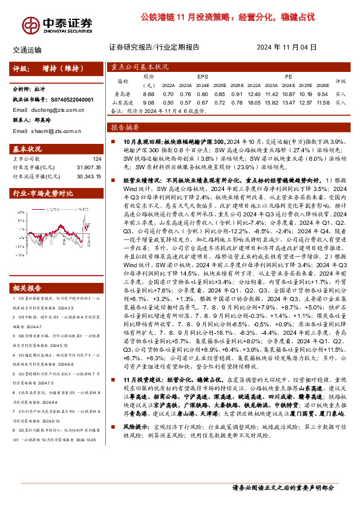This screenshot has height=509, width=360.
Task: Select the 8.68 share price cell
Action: [x=149, y=94]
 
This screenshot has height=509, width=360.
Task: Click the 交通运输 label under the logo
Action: [x=27, y=50]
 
